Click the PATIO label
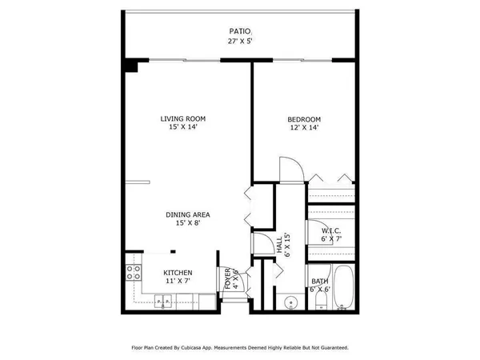239,33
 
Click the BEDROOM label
304,120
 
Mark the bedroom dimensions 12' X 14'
304,130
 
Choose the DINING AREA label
188,214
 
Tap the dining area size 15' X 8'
188,223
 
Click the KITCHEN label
178,273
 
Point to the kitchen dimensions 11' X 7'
178,282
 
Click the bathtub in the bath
344,289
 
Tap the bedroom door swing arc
290,167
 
